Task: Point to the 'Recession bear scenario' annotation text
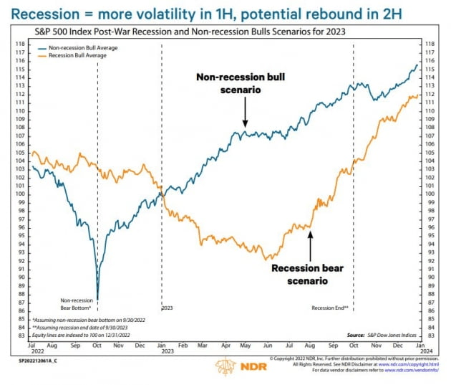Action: (309, 275)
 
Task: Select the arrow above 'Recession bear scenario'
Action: (309, 245)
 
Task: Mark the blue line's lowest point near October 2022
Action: (97, 299)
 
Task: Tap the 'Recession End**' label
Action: (329, 308)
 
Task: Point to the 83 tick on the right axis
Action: (430, 336)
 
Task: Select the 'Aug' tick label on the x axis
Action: (312, 346)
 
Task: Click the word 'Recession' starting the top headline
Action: (42, 13)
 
